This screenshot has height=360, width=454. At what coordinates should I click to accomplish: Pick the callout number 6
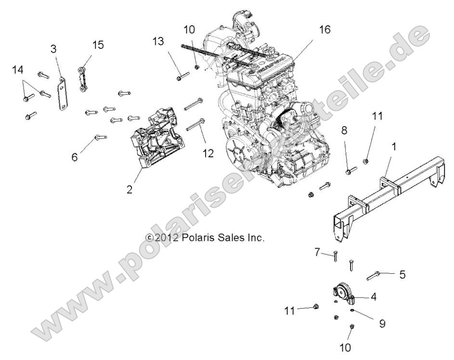(75, 157)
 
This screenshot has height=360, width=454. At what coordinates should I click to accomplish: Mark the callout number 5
(402, 274)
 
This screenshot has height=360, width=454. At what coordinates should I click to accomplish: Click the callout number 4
(373, 297)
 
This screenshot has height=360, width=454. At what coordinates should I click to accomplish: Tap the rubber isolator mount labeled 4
(342, 293)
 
